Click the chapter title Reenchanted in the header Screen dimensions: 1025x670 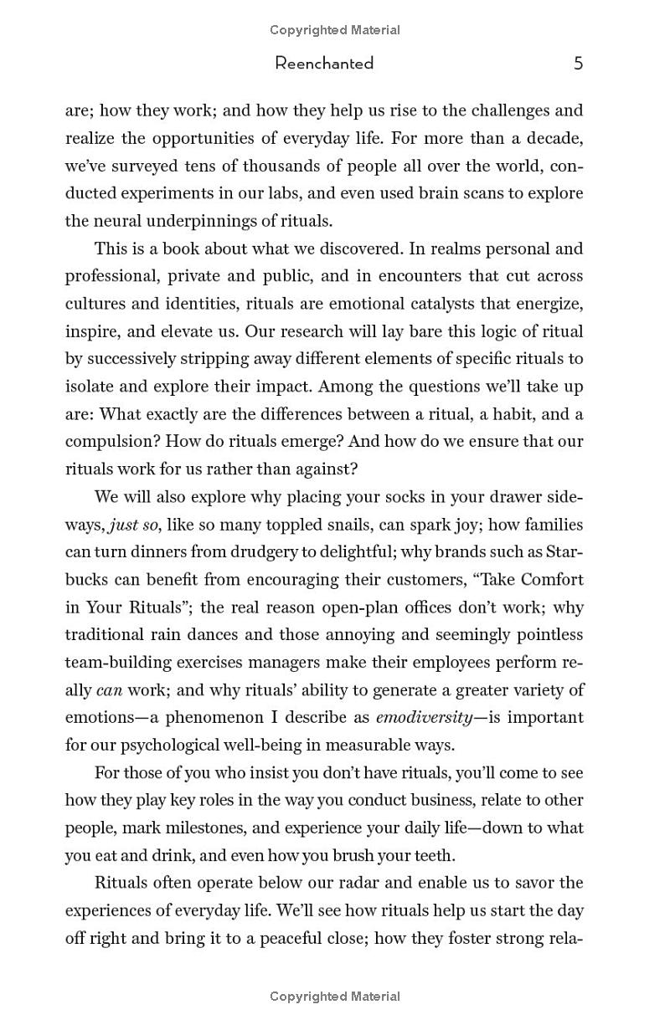[x=324, y=64]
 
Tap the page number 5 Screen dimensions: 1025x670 [x=578, y=64]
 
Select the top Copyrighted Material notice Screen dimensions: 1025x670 [x=335, y=30]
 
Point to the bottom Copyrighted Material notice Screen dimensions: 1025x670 [x=335, y=997]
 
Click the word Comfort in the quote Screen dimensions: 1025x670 [x=551, y=580]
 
